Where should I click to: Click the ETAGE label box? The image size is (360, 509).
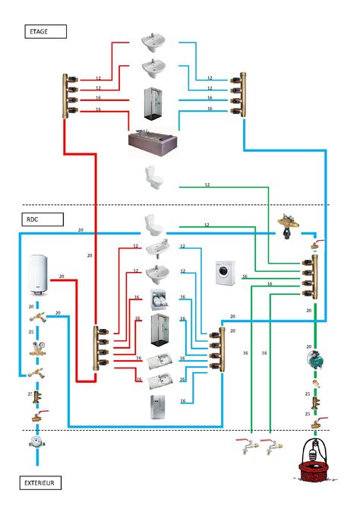[46, 31]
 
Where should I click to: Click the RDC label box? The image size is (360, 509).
[43, 220]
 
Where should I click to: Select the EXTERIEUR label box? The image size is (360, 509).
[40, 482]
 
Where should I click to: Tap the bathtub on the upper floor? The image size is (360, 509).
[153, 142]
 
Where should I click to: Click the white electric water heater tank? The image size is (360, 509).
[38, 274]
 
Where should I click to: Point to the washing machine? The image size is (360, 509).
[226, 273]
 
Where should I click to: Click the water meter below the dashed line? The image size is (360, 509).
[37, 442]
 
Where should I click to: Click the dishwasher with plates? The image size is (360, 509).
[159, 299]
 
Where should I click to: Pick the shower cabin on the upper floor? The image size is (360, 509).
[153, 103]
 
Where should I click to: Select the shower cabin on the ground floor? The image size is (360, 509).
[159, 330]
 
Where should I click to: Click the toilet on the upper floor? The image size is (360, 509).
[153, 178]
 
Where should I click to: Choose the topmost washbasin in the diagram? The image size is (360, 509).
[153, 42]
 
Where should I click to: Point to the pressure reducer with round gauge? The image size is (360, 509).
[38, 348]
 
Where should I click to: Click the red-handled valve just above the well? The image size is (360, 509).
[318, 422]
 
